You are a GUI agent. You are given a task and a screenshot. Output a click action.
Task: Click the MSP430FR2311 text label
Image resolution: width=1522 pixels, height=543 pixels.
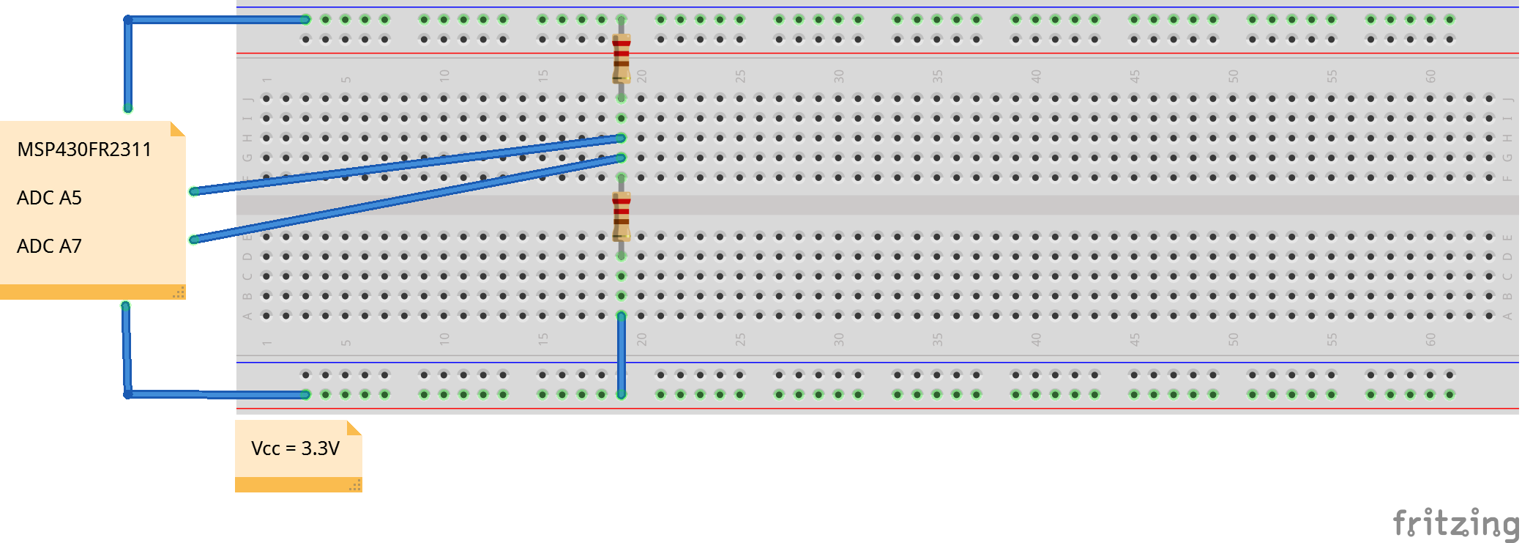pos(84,149)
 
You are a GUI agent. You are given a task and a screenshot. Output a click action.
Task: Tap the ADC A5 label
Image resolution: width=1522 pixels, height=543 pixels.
pos(49,198)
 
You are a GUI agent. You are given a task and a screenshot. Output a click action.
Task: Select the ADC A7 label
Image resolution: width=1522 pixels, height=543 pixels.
pos(49,246)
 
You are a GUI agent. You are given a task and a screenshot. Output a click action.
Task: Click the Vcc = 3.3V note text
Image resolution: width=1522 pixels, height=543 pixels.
pos(295,448)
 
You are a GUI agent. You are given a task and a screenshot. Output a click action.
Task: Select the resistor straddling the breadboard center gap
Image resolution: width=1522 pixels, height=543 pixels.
pos(622,216)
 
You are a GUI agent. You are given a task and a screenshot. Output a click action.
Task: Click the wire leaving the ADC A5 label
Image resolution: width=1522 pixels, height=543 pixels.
pos(403,165)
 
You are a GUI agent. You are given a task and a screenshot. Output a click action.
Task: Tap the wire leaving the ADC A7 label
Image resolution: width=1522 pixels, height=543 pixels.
pos(403,198)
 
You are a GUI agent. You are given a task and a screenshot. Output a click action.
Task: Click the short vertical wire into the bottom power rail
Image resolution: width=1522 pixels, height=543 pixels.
pos(622,355)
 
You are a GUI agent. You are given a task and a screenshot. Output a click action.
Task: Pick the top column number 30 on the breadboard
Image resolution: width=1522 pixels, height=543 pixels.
pos(839,75)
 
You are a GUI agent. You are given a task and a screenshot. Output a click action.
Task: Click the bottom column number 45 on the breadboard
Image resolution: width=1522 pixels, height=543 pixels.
pos(1135,339)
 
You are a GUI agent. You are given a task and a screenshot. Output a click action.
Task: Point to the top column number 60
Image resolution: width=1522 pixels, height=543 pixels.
pos(1430,75)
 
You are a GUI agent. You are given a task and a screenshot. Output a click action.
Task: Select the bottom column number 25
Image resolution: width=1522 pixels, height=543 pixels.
pos(740,339)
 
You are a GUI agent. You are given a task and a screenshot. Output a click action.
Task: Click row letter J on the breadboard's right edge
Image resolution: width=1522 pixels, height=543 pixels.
pos(1507,99)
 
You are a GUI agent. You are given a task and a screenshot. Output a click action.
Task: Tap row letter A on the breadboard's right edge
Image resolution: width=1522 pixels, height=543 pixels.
pos(1507,316)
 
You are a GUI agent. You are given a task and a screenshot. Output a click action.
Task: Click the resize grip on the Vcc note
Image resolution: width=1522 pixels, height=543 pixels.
pos(355,485)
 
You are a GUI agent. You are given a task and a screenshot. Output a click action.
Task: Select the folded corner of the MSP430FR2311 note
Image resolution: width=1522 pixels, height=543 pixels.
pos(177,129)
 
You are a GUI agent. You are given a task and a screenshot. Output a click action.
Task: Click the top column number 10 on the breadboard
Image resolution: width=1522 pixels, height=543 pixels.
pos(444,75)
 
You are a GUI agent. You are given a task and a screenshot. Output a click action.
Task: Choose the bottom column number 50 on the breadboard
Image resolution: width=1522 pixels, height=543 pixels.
pos(1234,339)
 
